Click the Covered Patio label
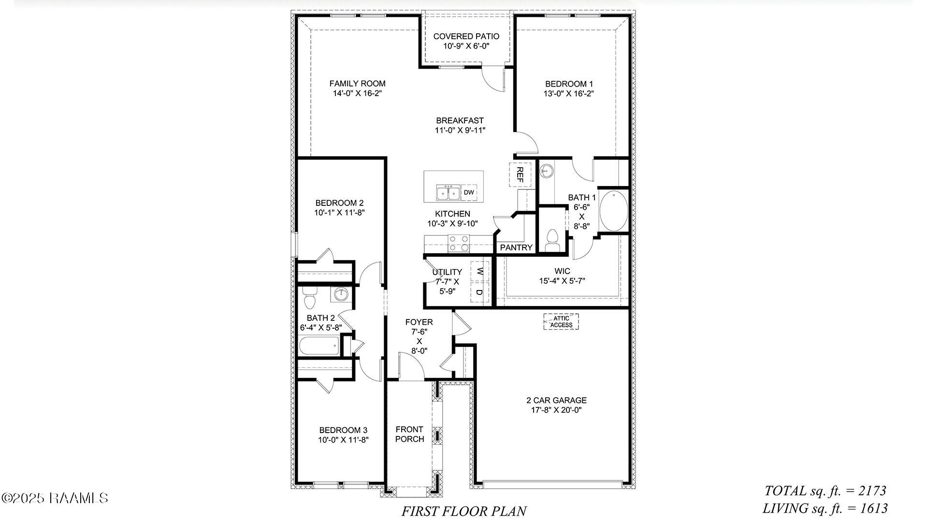(466, 36)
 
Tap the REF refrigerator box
(520, 174)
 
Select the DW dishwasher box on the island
(469, 192)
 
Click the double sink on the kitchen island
(448, 193)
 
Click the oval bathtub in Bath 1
(613, 212)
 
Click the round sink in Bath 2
(342, 293)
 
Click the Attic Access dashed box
(561, 321)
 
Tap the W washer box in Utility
(479, 271)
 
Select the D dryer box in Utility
(479, 292)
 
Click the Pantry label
(516, 247)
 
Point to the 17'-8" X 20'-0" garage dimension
(556, 410)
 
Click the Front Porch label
(409, 434)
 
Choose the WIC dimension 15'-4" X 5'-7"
(562, 280)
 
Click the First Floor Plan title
(464, 511)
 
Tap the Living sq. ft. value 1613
(873, 508)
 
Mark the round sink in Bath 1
(546, 170)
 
